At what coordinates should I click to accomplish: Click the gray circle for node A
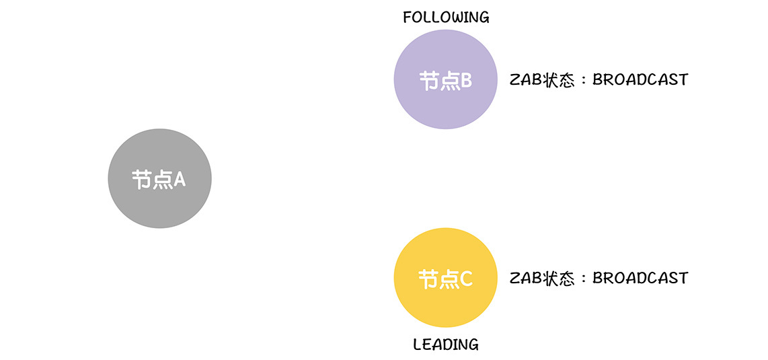pos(159,178)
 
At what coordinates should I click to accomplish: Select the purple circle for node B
pos(446,79)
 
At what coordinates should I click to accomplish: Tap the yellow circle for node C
pos(446,278)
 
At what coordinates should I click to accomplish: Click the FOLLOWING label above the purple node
pos(446,17)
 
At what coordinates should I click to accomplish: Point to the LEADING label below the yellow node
pos(446,345)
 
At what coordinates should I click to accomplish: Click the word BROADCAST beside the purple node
pos(640,80)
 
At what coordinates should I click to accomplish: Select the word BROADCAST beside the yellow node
pos(640,278)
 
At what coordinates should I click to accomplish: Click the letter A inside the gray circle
pos(180,180)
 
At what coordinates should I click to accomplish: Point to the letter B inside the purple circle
pos(466,81)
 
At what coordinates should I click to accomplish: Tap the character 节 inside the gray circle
pos(141,180)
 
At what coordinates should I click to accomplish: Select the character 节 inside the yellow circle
pos(427,279)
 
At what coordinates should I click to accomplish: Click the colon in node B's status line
pos(583,81)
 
